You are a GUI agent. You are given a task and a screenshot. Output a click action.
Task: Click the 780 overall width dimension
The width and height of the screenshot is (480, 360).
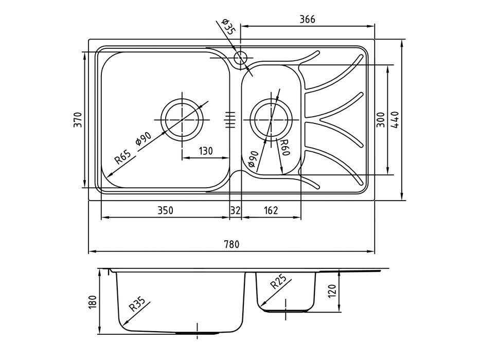coord(232,245)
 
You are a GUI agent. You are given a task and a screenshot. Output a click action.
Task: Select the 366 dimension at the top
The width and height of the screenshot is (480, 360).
coord(307,19)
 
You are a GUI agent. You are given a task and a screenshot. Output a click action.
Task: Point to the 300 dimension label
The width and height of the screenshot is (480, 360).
coord(380,119)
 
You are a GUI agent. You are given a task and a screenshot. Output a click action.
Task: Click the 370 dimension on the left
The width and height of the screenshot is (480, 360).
coord(78,120)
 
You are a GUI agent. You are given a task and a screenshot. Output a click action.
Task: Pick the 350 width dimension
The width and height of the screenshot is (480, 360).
coord(165,210)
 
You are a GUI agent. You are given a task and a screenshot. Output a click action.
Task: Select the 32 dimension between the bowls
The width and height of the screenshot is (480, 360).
coord(235,210)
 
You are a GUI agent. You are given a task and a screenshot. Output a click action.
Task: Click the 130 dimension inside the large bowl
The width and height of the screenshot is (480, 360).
coord(205,151)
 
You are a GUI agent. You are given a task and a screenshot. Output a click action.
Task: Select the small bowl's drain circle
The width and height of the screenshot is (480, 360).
coord(272,119)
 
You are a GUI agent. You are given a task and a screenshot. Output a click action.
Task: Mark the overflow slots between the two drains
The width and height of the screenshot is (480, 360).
coord(230,119)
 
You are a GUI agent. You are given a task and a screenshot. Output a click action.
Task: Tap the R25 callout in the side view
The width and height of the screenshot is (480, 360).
coord(278,282)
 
